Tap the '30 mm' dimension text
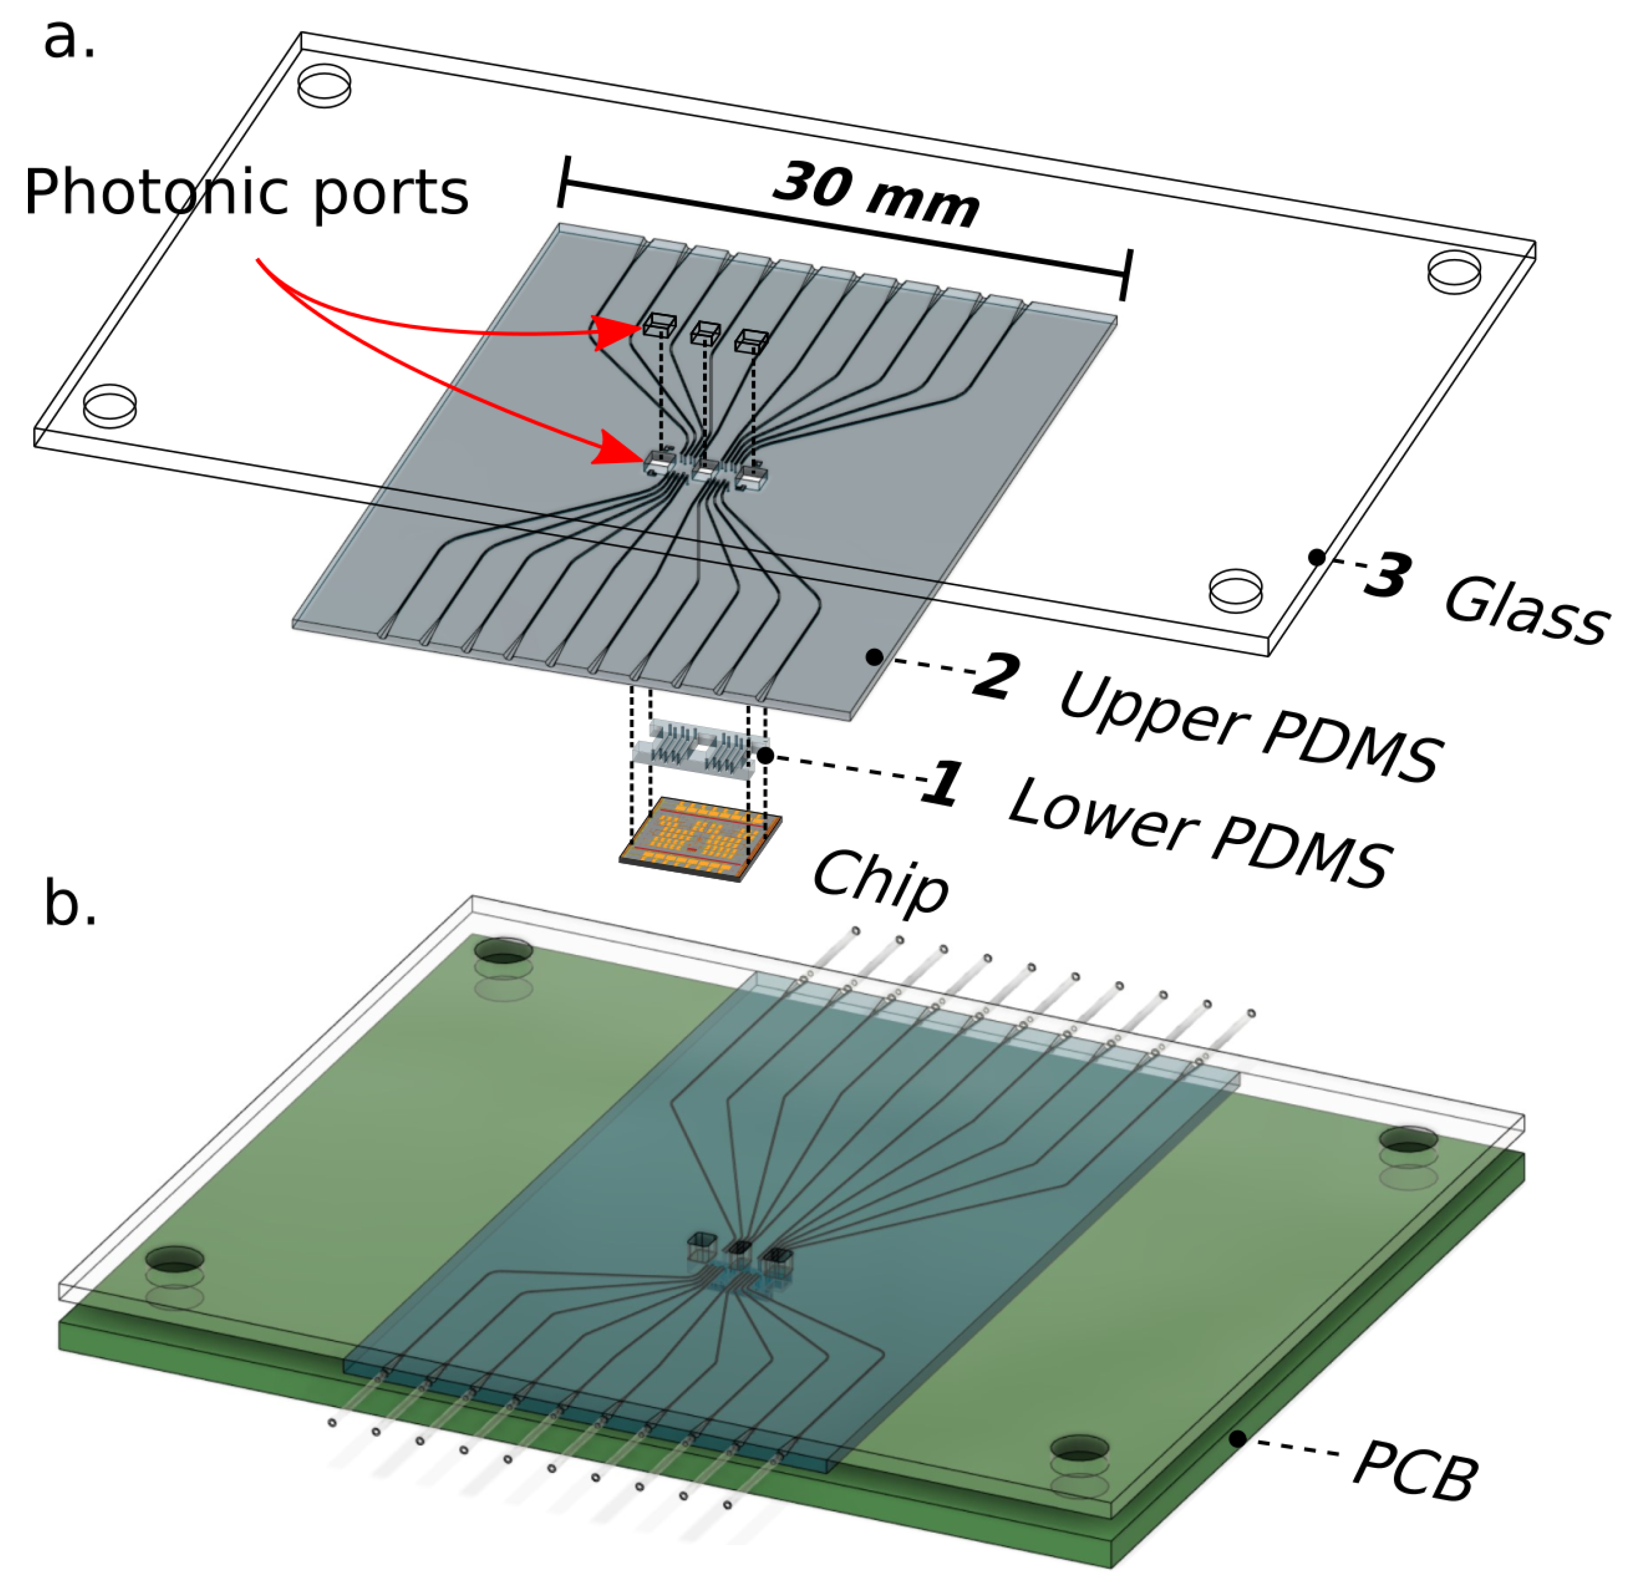(875, 196)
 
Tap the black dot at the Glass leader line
(1316, 557)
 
